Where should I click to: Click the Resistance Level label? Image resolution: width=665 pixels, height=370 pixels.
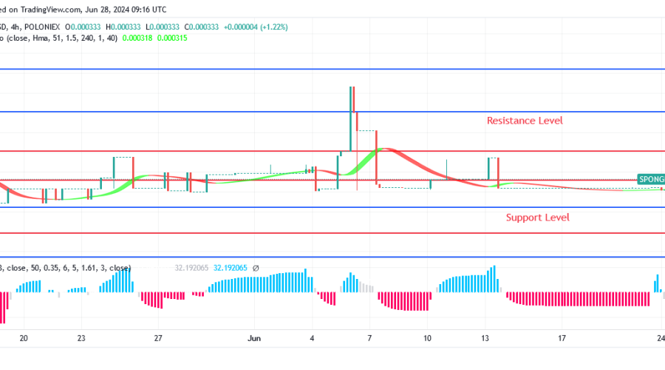tap(524, 120)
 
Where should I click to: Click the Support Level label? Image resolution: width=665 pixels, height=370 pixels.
tap(537, 218)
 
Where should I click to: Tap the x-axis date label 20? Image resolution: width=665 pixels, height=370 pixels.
tap(24, 338)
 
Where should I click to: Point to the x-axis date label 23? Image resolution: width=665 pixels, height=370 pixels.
tap(81, 338)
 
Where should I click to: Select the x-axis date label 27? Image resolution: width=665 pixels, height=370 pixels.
tap(158, 338)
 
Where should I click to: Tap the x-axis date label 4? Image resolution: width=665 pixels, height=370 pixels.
tap(313, 338)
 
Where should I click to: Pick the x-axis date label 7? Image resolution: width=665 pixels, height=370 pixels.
tap(369, 338)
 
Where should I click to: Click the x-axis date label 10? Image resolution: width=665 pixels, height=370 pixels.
tap(427, 338)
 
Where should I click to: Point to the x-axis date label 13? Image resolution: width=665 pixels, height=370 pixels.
tap(485, 338)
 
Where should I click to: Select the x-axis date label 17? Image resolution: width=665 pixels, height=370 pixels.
tap(562, 338)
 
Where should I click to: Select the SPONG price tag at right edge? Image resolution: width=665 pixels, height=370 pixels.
tap(651, 179)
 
